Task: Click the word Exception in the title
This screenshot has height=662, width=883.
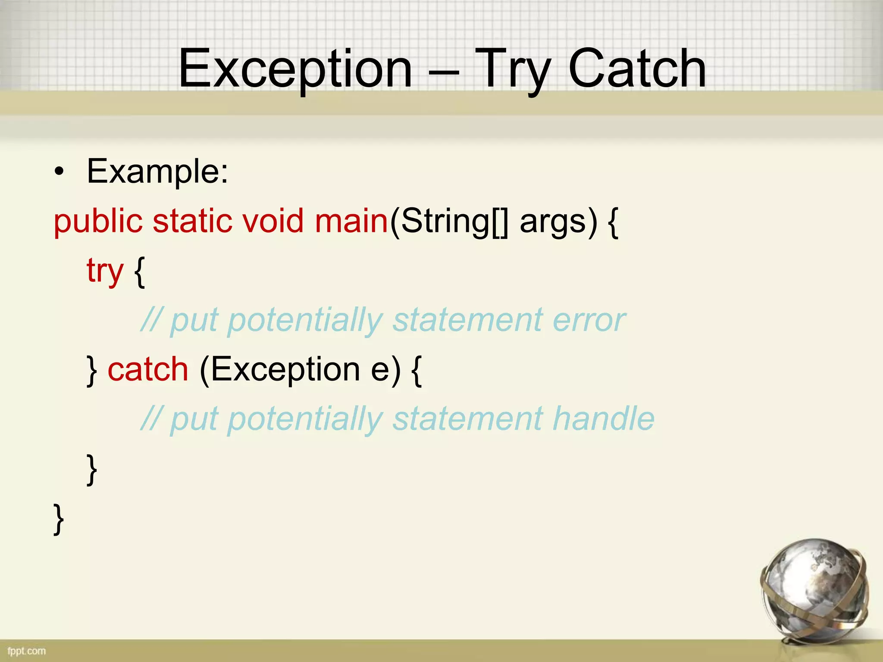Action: pos(295,69)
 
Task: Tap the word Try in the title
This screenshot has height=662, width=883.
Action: pos(513,69)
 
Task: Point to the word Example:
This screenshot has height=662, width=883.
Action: pos(157,172)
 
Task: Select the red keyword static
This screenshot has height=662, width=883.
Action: pos(192,221)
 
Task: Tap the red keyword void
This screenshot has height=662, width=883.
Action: pos(273,221)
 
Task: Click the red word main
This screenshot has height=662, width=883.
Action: pos(351,221)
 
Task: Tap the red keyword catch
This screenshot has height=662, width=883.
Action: pos(148,369)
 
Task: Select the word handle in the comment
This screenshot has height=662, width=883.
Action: pos(604,418)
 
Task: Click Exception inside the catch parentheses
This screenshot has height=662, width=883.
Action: pos(285,369)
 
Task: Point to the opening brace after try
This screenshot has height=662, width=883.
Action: pos(139,272)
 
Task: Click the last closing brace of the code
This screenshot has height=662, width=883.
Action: pos(59,519)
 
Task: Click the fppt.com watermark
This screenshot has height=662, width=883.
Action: pos(26,651)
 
